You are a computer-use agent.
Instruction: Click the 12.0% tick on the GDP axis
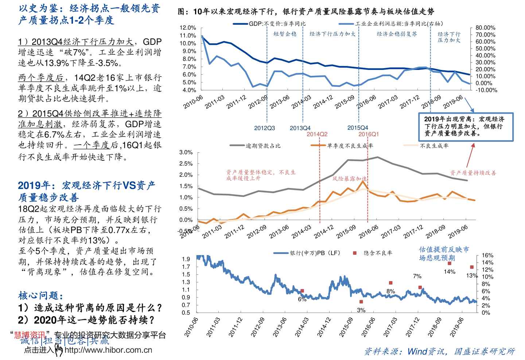188,28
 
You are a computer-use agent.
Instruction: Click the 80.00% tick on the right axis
485,28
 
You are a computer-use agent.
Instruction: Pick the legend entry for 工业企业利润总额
392,24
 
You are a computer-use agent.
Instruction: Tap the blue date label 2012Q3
264,128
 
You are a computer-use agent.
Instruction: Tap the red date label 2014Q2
317,134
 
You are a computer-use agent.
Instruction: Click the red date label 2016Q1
369,134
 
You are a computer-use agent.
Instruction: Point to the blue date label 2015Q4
358,128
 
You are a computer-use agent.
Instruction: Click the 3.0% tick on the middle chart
186,152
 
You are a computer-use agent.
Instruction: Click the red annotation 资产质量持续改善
473,173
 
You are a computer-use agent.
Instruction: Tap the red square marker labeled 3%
361,302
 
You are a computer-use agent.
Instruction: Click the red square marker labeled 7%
420,287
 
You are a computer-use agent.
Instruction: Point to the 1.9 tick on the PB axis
186,259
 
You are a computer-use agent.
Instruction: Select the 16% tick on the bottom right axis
487,255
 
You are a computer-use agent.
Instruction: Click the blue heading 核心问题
40,296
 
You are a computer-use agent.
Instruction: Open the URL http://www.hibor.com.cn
108,350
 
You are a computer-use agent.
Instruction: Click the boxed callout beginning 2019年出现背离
466,126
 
